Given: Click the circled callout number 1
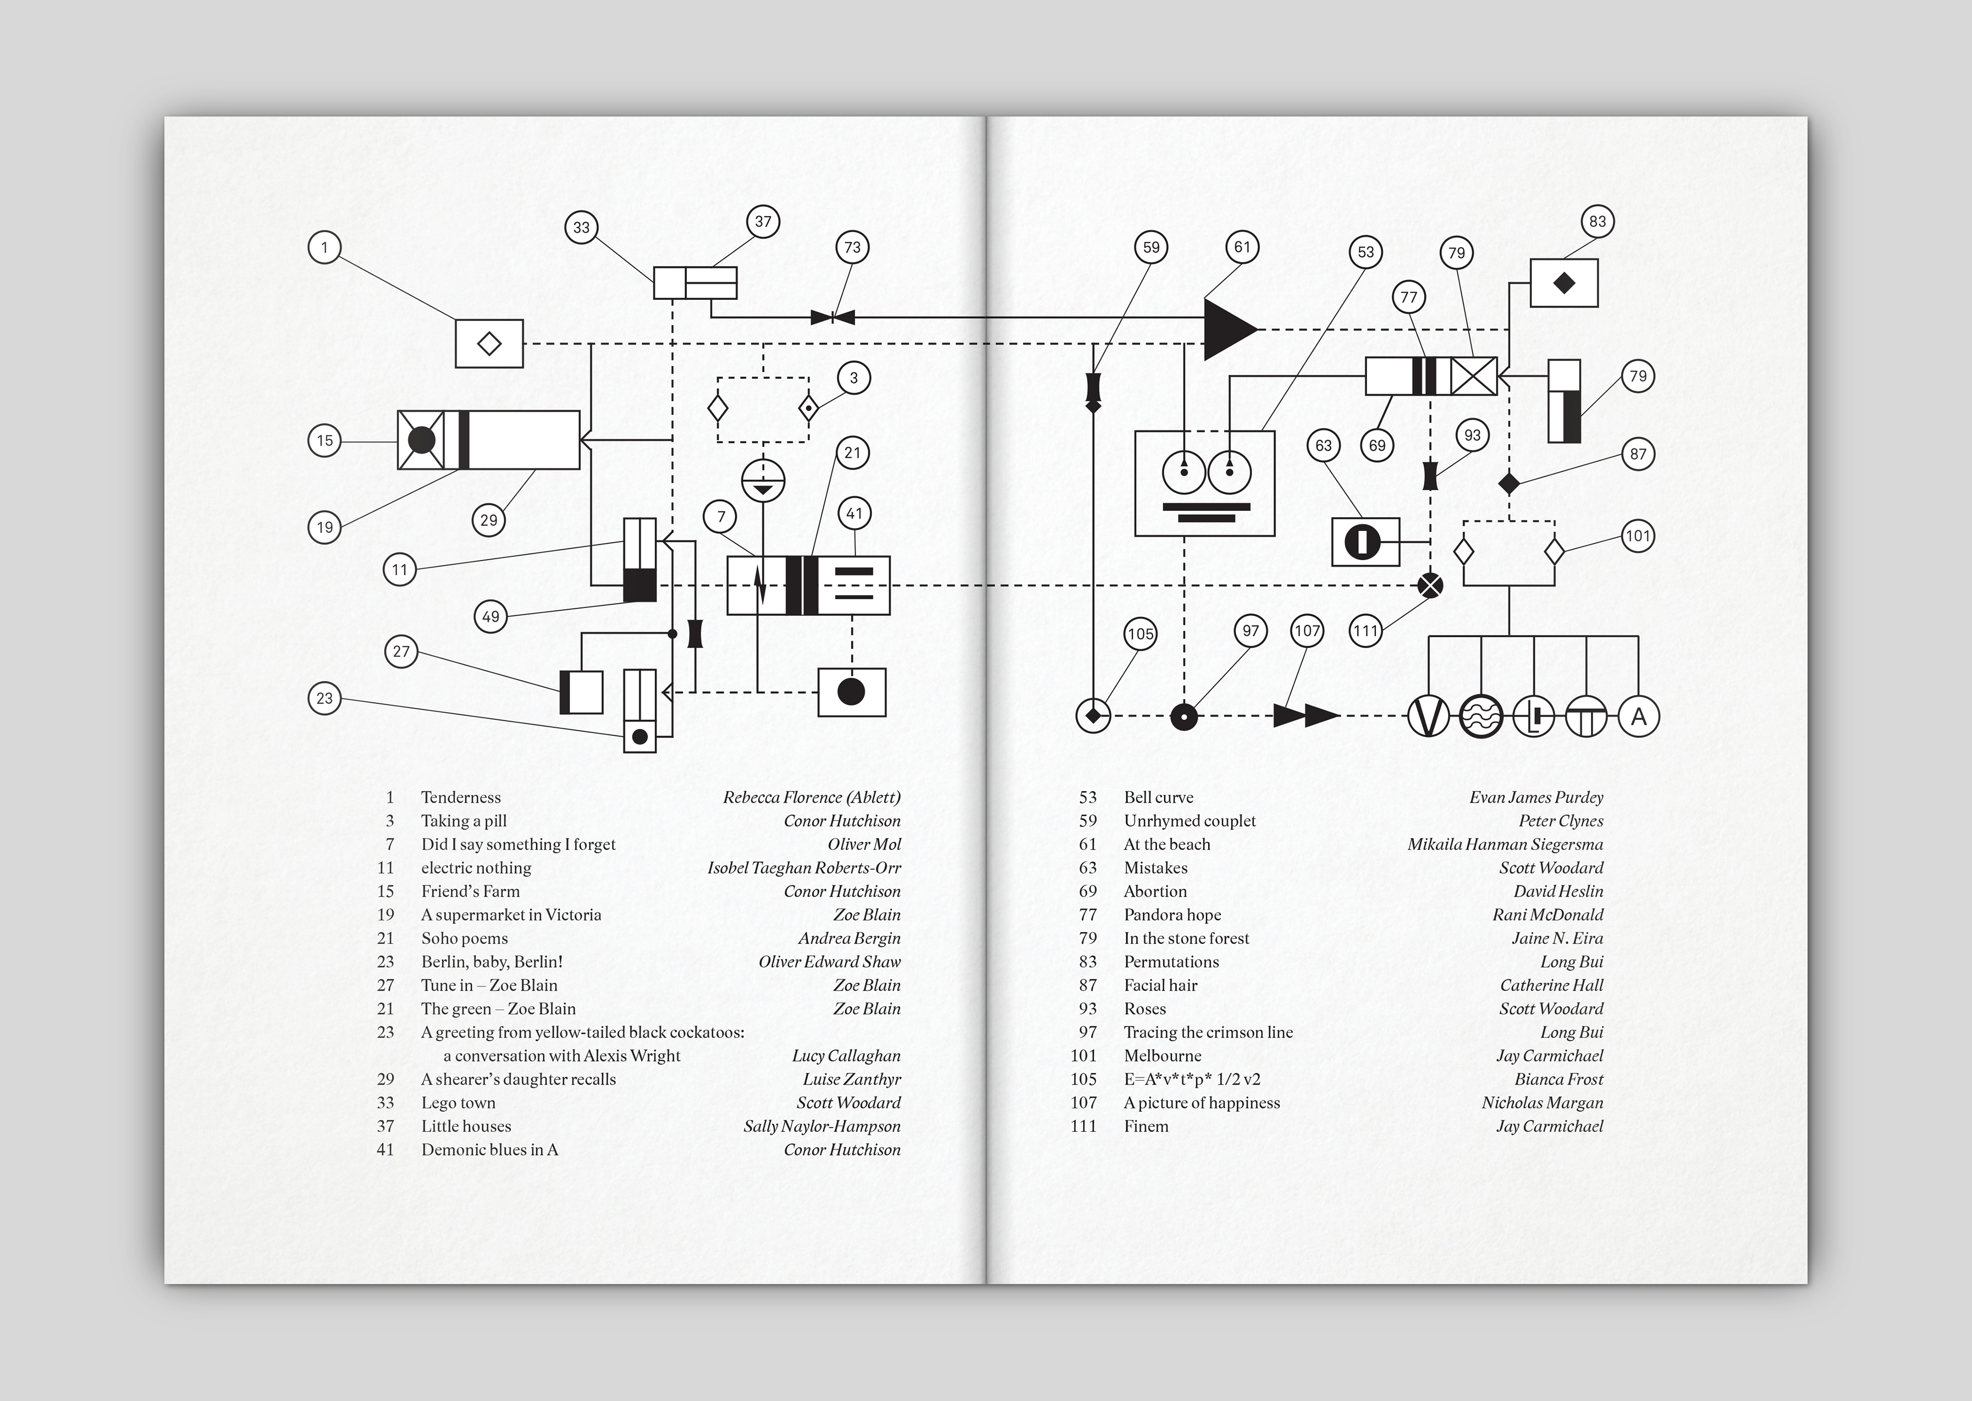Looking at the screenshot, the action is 325,248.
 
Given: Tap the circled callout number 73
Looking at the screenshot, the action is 852,248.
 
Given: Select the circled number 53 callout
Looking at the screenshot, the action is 1366,252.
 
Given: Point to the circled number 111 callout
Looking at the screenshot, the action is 1366,631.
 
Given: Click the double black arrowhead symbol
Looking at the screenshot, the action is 1306,716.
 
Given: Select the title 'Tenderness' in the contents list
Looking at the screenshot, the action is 461,797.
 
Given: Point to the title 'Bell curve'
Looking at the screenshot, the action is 1159,797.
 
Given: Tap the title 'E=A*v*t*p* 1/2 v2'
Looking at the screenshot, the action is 1192,1079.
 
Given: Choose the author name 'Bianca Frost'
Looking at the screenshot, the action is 1559,1079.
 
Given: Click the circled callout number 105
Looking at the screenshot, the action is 1141,634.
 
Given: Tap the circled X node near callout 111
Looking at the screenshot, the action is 1430,586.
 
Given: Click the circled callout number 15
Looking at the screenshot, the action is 325,441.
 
